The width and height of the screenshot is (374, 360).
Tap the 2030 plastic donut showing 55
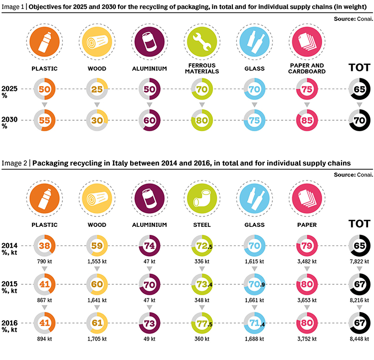click(x=44, y=121)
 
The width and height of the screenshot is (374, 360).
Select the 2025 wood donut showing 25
click(x=96, y=89)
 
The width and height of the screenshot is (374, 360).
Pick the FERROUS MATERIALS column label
click(x=201, y=69)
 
